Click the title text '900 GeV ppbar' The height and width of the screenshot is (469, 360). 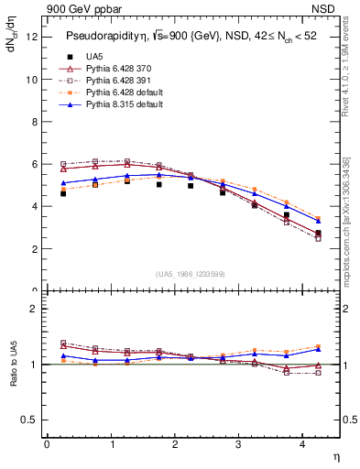tap(76, 8)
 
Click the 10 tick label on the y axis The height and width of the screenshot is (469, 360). tap(32, 79)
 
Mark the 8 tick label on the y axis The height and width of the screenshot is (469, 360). tap(34, 122)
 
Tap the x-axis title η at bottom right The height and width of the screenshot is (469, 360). tap(335, 455)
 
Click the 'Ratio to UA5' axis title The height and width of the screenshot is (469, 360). tap(12, 365)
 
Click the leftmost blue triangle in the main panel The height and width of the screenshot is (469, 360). tap(63, 182)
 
